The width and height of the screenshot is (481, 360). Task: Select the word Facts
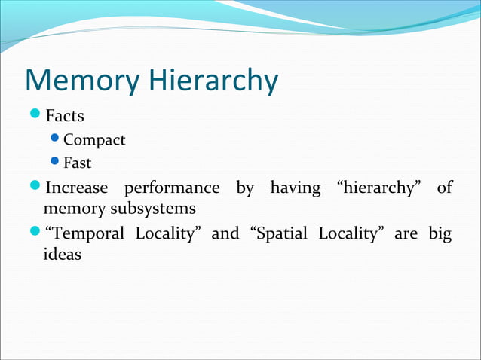(65, 117)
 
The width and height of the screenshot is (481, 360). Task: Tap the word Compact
(94, 140)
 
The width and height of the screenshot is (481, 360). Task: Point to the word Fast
(78, 163)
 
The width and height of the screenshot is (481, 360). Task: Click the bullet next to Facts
(35, 116)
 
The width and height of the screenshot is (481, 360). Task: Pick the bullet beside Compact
(54, 139)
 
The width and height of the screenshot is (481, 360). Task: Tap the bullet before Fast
(54, 162)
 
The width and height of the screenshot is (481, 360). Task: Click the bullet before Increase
(35, 186)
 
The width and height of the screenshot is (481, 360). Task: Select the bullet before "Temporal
(35, 233)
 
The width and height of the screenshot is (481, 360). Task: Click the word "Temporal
(84, 233)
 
